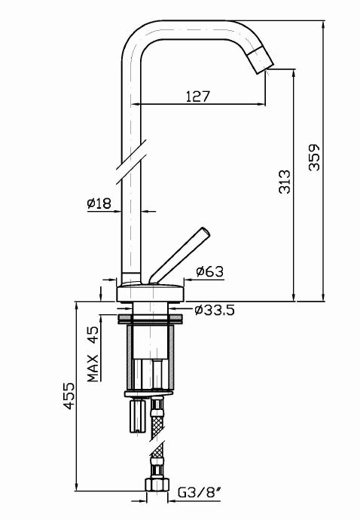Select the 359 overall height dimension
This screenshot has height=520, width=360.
(x=315, y=158)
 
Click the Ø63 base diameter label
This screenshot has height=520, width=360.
(x=209, y=271)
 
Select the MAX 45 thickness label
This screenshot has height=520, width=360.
(x=93, y=355)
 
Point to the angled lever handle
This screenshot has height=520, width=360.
(x=181, y=252)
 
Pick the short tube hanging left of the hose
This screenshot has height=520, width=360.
(x=136, y=417)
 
